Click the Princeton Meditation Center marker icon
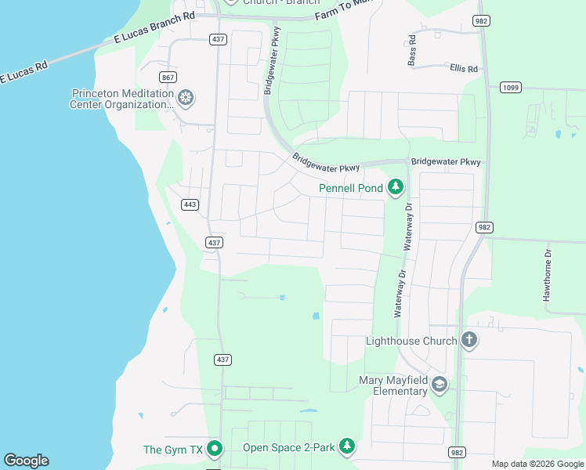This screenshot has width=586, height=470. pos(186,98)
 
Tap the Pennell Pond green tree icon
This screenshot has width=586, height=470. pos(396,187)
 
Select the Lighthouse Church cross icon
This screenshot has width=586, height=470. pos(468,340)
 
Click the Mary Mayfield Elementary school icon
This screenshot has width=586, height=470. pos(439,383)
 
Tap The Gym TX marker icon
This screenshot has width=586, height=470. pos(215,450)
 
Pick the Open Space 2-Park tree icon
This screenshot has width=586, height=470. pos(347,446)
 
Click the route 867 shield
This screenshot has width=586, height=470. pos(168,77)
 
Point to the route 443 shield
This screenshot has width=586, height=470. pos(190,204)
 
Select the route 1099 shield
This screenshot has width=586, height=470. pos(510,87)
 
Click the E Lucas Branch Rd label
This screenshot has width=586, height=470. pos(154,27)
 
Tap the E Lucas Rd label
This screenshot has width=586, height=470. pos(24,72)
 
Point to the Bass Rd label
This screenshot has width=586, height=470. pos(411,50)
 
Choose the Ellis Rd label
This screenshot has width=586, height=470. pos(464,68)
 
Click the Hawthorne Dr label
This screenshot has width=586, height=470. pos(548,275)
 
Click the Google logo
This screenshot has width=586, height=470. pos(26,461)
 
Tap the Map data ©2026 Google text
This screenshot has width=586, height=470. pos(537,464)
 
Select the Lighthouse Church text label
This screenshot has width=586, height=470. pos(411,341)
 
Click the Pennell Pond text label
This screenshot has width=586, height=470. pos(351,188)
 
